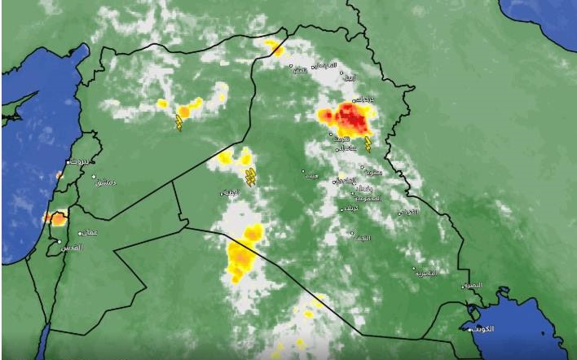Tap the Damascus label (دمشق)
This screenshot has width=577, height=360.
(x=106, y=182)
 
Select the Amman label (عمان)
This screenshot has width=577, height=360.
(x=89, y=233)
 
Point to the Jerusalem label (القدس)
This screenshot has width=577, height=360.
(x=72, y=246)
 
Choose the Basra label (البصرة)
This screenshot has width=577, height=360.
(x=471, y=286)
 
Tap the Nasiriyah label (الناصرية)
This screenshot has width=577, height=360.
(x=426, y=274)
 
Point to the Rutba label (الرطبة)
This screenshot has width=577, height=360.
(x=229, y=193)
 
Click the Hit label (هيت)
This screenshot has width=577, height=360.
(x=311, y=175)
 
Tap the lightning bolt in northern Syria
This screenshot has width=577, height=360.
(x=178, y=122)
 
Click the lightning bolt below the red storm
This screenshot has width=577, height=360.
(x=368, y=145)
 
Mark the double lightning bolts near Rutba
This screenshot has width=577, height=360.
(x=251, y=177)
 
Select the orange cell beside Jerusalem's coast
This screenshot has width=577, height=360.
(x=56, y=218)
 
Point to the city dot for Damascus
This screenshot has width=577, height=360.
(x=95, y=178)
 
